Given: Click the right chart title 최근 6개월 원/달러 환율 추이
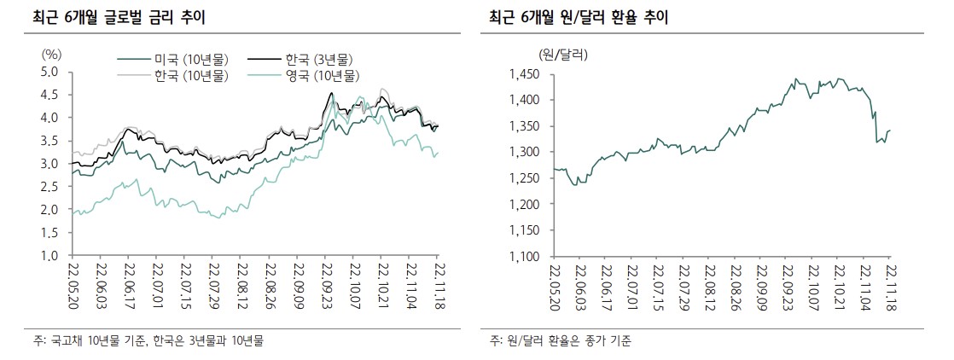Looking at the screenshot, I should pos(579,17).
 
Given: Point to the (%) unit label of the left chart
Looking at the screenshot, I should pos(51,54).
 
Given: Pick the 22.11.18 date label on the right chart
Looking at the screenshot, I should pos(889,288).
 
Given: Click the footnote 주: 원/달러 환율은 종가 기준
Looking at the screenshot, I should pos(561,341).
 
